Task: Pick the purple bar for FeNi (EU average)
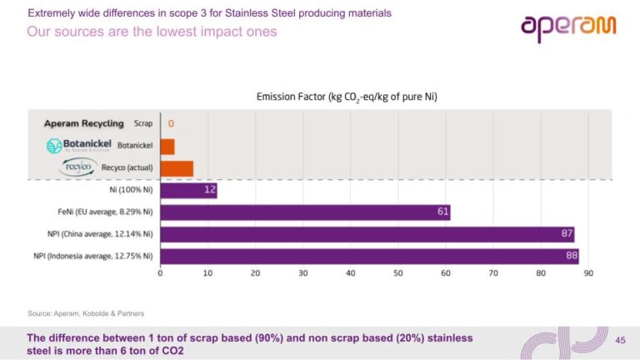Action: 304,212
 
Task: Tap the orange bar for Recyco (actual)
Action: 176,169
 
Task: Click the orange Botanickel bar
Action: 167,147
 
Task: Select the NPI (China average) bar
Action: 367,234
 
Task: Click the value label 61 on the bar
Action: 443,212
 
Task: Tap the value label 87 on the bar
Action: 567,234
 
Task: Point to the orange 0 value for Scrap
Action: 172,123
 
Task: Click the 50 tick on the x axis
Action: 397,273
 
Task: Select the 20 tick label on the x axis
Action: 255,273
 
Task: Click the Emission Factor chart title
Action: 346,97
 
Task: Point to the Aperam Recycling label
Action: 83,123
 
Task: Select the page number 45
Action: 619,340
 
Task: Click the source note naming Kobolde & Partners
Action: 86,313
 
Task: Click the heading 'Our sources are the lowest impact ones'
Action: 152,32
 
